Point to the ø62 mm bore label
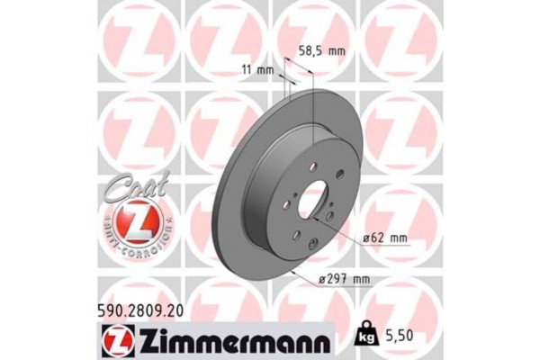pyautogui.click(x=384, y=238)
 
